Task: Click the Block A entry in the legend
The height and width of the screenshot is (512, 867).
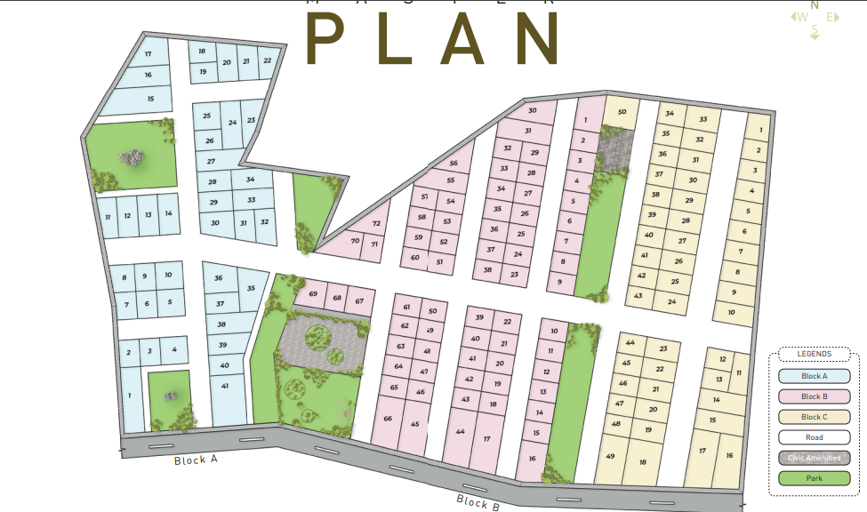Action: tap(814, 376)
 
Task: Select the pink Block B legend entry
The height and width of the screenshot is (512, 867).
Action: tap(814, 396)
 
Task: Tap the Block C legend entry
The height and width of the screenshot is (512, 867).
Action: tap(814, 417)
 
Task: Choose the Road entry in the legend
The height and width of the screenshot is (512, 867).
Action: tap(814, 437)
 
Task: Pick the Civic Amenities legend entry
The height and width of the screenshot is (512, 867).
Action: tap(814, 458)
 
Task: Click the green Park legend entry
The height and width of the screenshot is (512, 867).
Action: tap(814, 478)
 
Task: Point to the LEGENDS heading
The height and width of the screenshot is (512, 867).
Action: tap(814, 354)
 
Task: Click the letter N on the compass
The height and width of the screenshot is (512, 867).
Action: tap(815, 5)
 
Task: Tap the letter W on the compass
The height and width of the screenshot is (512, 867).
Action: tap(802, 17)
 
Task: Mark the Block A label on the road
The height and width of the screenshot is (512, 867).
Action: tap(196, 460)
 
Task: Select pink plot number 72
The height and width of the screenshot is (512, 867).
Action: tap(376, 225)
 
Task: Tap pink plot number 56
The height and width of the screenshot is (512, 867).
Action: tap(454, 164)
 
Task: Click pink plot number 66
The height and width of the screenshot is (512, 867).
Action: tap(388, 419)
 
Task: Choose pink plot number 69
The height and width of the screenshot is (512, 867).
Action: tap(313, 294)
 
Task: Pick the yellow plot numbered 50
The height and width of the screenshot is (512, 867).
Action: tap(622, 112)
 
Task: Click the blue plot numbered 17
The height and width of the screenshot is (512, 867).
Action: tap(148, 54)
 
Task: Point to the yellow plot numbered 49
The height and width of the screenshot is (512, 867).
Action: tap(610, 456)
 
